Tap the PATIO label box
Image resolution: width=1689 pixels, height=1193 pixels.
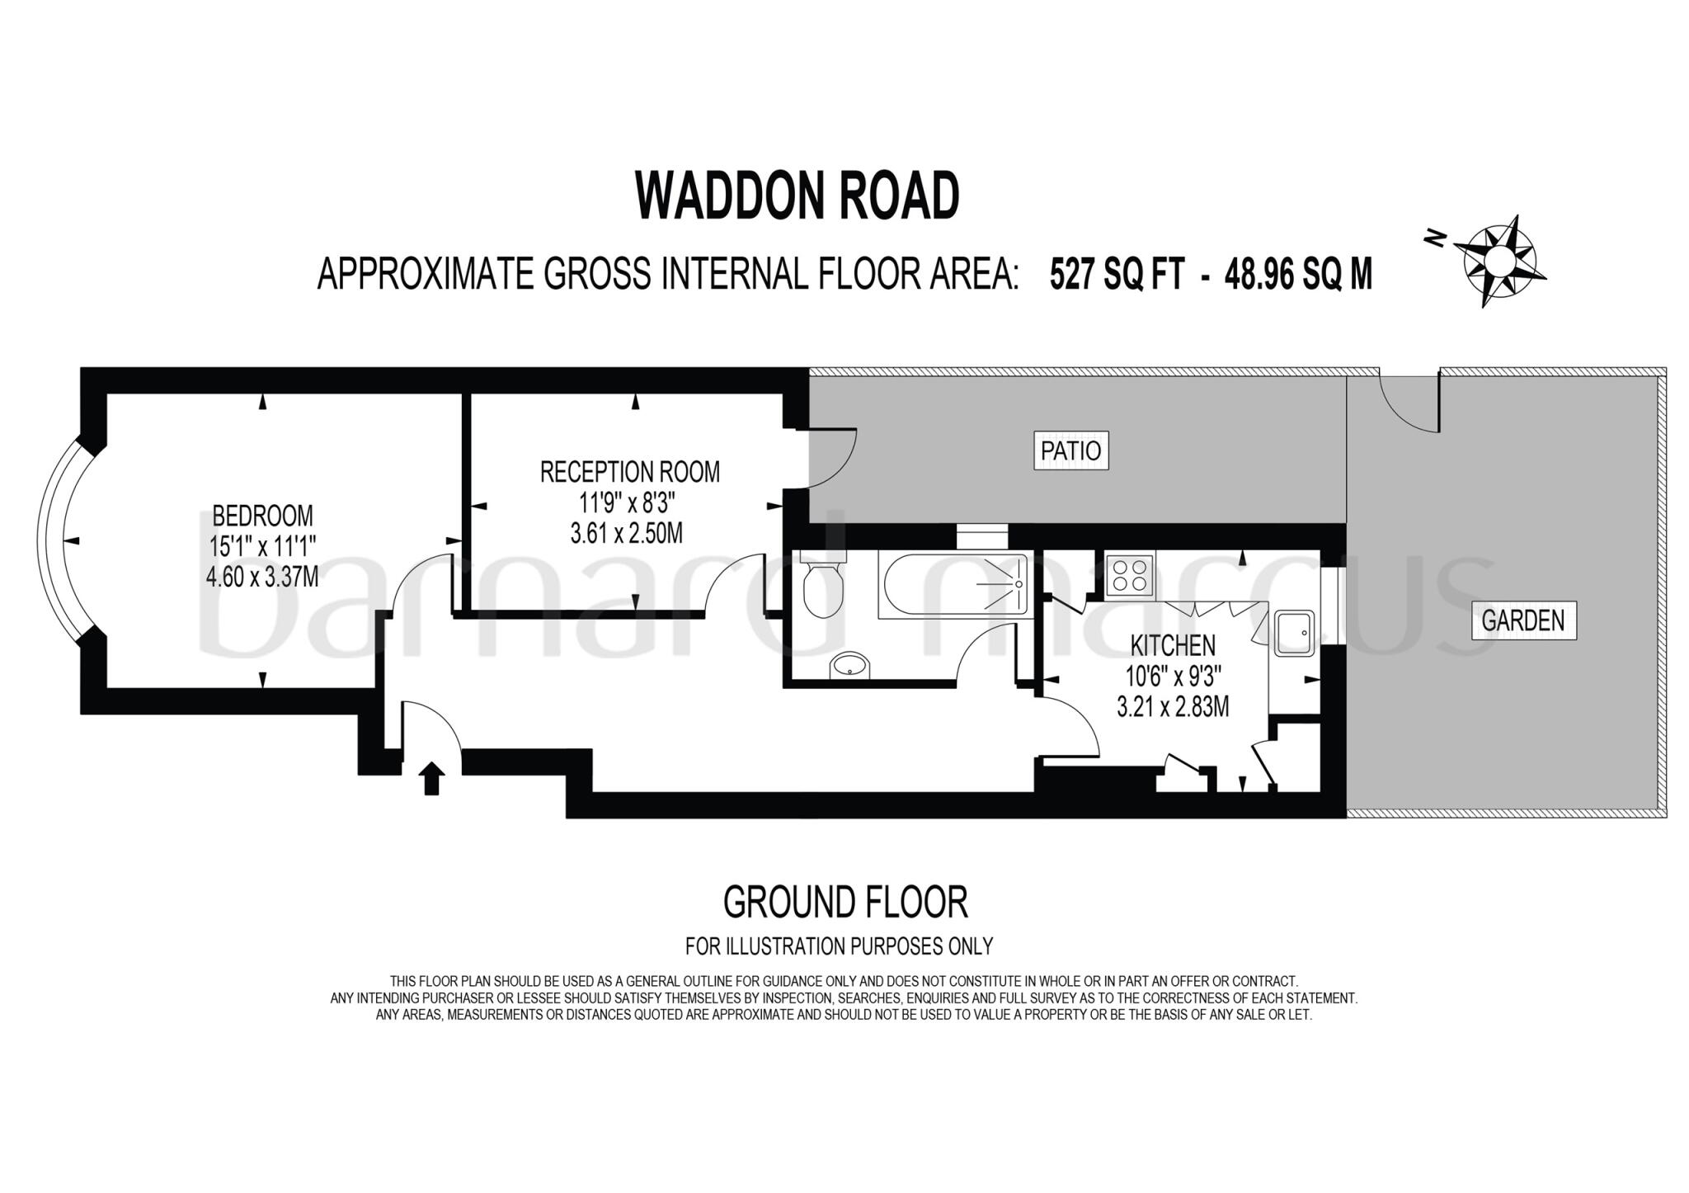(1070, 451)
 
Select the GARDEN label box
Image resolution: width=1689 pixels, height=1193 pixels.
(1522, 620)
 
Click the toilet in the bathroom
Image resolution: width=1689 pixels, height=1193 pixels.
(822, 586)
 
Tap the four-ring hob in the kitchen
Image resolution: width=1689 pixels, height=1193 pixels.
(1129, 574)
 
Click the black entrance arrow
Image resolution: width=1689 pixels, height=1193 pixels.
(432, 777)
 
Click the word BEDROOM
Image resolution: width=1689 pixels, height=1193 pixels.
(262, 516)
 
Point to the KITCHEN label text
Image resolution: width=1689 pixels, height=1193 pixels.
(1172, 645)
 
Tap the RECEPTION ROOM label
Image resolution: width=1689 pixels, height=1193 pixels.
(629, 472)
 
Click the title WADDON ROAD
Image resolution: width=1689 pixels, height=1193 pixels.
(797, 196)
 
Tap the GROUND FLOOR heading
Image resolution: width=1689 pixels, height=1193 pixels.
(844, 902)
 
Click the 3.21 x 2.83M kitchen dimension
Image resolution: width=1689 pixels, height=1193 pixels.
(1172, 707)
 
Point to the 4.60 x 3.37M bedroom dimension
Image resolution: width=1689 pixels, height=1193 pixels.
(262, 576)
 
